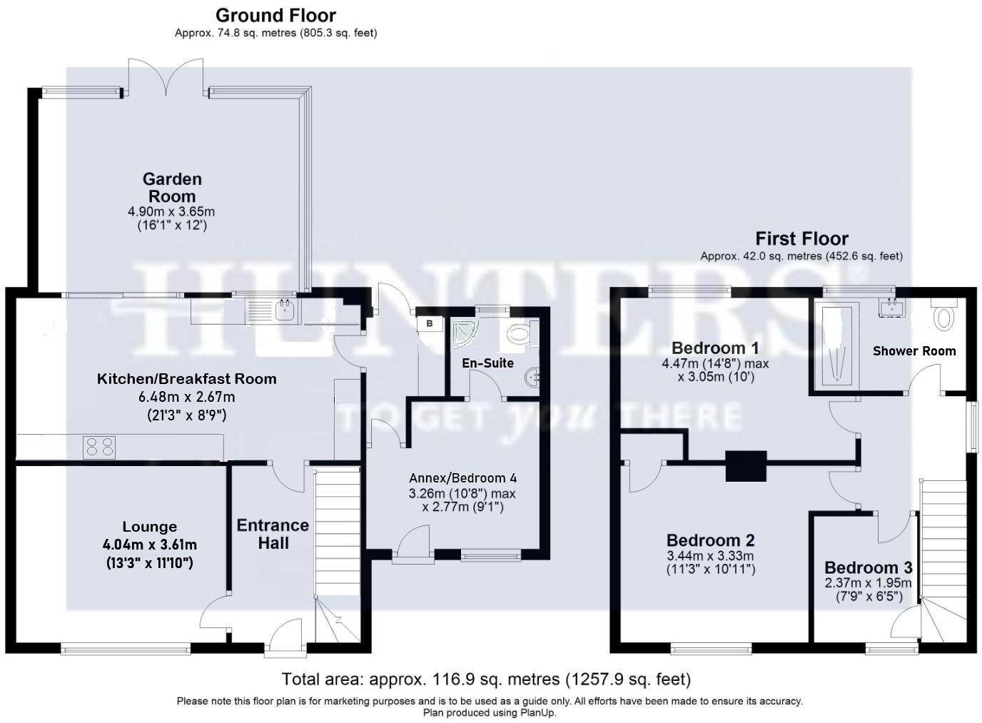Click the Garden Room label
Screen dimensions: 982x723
coord(172,188)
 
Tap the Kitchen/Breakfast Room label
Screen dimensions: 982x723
coord(186,379)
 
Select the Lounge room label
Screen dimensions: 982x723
coord(150,527)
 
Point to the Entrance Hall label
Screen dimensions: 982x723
coord(273,535)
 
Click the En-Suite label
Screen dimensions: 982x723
coord(487,363)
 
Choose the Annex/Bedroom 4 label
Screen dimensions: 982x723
coord(462,478)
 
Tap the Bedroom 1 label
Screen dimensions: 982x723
coord(715,348)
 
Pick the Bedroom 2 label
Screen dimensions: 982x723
coord(710,540)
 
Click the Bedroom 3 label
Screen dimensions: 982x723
coord(868,568)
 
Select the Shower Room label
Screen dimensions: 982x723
coord(914,350)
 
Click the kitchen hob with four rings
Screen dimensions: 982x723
coord(99,447)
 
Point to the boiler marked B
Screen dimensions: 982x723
coord(430,323)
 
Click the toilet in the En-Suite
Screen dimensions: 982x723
coord(519,333)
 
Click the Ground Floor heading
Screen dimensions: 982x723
coord(275,15)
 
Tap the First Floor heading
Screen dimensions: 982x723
coord(801,238)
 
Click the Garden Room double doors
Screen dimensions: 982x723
coord(166,77)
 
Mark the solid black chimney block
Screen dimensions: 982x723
coord(746,465)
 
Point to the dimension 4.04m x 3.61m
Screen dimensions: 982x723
coord(150,545)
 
